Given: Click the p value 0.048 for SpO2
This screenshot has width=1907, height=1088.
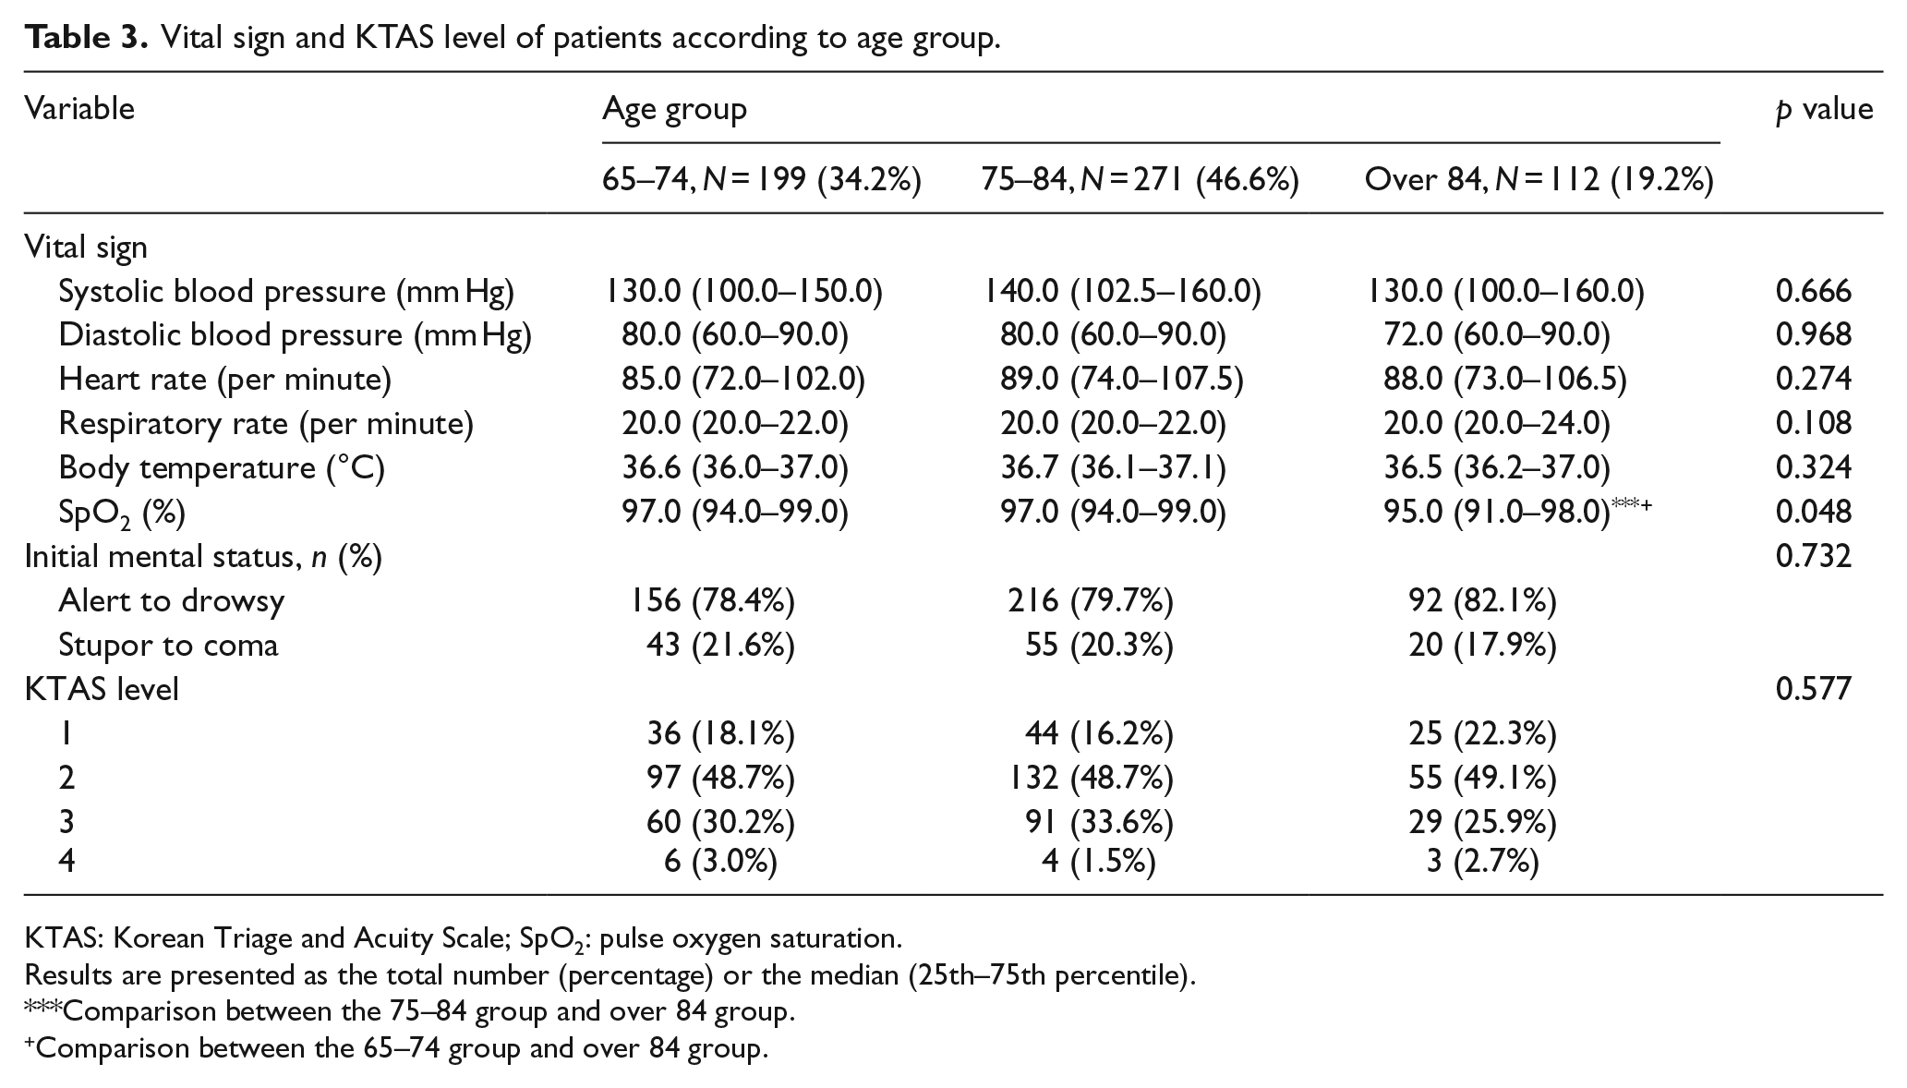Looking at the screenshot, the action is [x=1813, y=512].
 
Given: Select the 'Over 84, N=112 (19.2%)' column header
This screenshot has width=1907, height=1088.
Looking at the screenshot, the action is [x=1539, y=179].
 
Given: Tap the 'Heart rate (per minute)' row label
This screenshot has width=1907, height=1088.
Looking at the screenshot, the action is [x=225, y=380].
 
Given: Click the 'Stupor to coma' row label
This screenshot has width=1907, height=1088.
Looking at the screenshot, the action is [x=168, y=645].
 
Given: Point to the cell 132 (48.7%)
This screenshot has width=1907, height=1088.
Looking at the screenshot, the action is [x=1091, y=779].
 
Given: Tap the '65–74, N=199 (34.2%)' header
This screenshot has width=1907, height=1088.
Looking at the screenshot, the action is [x=762, y=179].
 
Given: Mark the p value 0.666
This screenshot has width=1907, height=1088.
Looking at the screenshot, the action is [x=1813, y=291].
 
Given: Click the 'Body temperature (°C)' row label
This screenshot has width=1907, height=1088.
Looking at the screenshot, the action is [x=222, y=468].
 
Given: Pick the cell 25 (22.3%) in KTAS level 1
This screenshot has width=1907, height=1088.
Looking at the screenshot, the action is [x=1483, y=734].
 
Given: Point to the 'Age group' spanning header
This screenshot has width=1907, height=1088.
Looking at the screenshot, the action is [x=674, y=110].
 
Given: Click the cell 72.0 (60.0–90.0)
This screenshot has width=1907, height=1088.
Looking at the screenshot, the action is [x=1496, y=335].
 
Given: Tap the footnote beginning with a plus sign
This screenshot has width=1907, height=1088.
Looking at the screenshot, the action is [x=396, y=1049].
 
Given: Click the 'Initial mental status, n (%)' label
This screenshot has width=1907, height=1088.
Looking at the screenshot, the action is [x=203, y=557].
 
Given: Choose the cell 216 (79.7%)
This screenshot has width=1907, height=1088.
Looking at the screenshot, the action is [x=1091, y=601].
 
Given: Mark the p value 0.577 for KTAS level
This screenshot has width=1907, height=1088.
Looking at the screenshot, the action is [x=1813, y=689].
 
